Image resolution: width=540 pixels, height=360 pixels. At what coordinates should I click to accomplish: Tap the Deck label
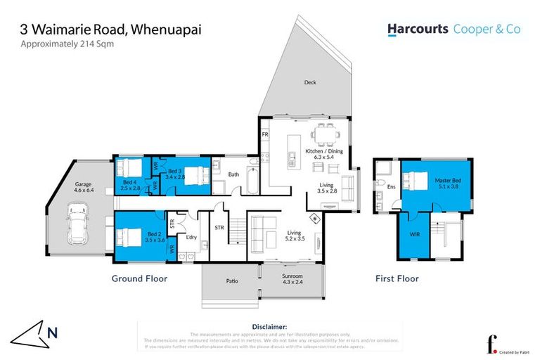tap(310, 82)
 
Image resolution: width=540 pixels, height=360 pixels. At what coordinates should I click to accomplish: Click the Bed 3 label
tap(174, 174)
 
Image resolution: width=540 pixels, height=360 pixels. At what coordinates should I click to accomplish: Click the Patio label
tap(231, 281)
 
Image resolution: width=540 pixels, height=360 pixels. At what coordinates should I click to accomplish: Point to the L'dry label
tap(191, 237)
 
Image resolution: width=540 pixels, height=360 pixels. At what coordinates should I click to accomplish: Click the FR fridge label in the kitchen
tap(265, 134)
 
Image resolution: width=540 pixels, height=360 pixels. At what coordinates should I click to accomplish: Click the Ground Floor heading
tap(139, 278)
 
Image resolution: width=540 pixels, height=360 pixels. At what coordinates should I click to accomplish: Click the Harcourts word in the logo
tap(416, 30)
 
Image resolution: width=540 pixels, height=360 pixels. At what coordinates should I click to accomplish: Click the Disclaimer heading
tap(269, 327)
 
